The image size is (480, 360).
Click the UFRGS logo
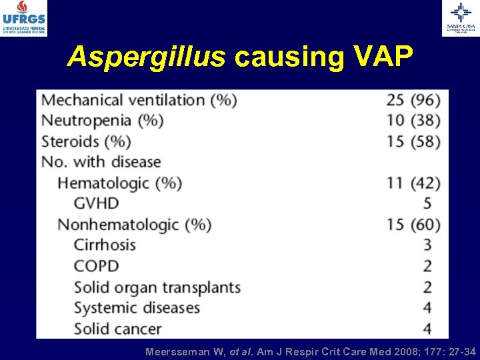[x=24, y=18]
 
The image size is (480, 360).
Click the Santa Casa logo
[x=460, y=18]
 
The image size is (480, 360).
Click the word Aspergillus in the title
[x=146, y=58]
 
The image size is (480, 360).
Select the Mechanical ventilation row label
[x=139, y=100]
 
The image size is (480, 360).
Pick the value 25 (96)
[x=413, y=100]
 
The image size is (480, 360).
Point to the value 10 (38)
[x=413, y=121]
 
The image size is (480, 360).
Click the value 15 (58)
[x=413, y=141]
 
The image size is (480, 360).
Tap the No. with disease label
[x=101, y=162]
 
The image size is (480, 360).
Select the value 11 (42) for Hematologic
[x=413, y=183]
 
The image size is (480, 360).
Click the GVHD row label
[x=96, y=203]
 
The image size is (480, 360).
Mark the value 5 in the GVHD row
[x=427, y=203]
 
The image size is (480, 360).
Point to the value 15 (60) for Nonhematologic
[x=413, y=224]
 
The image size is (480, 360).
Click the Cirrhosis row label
[x=105, y=245]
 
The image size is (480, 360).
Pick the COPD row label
[x=96, y=266]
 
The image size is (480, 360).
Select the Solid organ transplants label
[x=157, y=287]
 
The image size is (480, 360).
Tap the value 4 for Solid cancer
[x=427, y=329]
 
